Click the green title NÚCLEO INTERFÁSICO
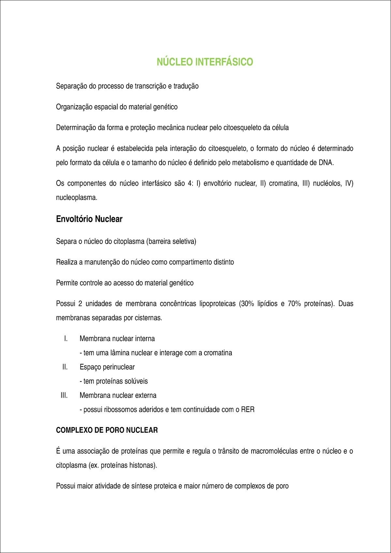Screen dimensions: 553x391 (x=205, y=62)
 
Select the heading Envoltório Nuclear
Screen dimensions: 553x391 (x=89, y=219)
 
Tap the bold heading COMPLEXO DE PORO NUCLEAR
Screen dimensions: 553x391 (x=107, y=430)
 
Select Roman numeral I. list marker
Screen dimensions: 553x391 (x=66, y=339)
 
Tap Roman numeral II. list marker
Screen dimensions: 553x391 (x=65, y=367)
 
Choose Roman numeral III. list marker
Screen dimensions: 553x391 (x=64, y=395)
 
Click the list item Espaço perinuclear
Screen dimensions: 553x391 (x=107, y=367)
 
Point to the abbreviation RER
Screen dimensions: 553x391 (x=248, y=410)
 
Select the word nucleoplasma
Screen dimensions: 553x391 (x=77, y=198)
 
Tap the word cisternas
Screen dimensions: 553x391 (x=148, y=318)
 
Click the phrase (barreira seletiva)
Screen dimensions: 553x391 (x=171, y=242)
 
